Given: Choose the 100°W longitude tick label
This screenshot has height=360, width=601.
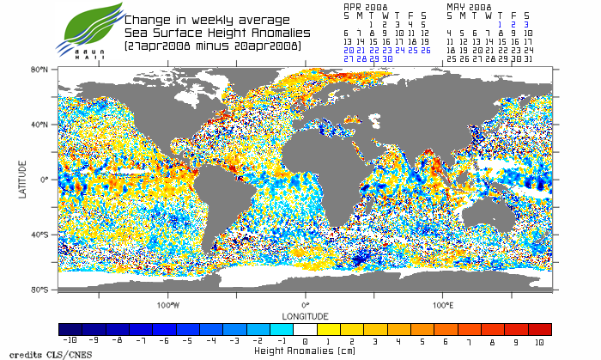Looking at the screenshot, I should click(168, 304).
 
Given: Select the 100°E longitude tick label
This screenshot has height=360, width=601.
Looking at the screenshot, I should click(442, 304).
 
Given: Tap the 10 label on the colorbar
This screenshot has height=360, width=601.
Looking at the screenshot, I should click(540, 342).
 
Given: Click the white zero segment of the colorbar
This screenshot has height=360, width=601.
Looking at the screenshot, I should click(305, 329).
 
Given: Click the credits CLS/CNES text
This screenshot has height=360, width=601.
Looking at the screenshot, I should click(33, 353).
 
